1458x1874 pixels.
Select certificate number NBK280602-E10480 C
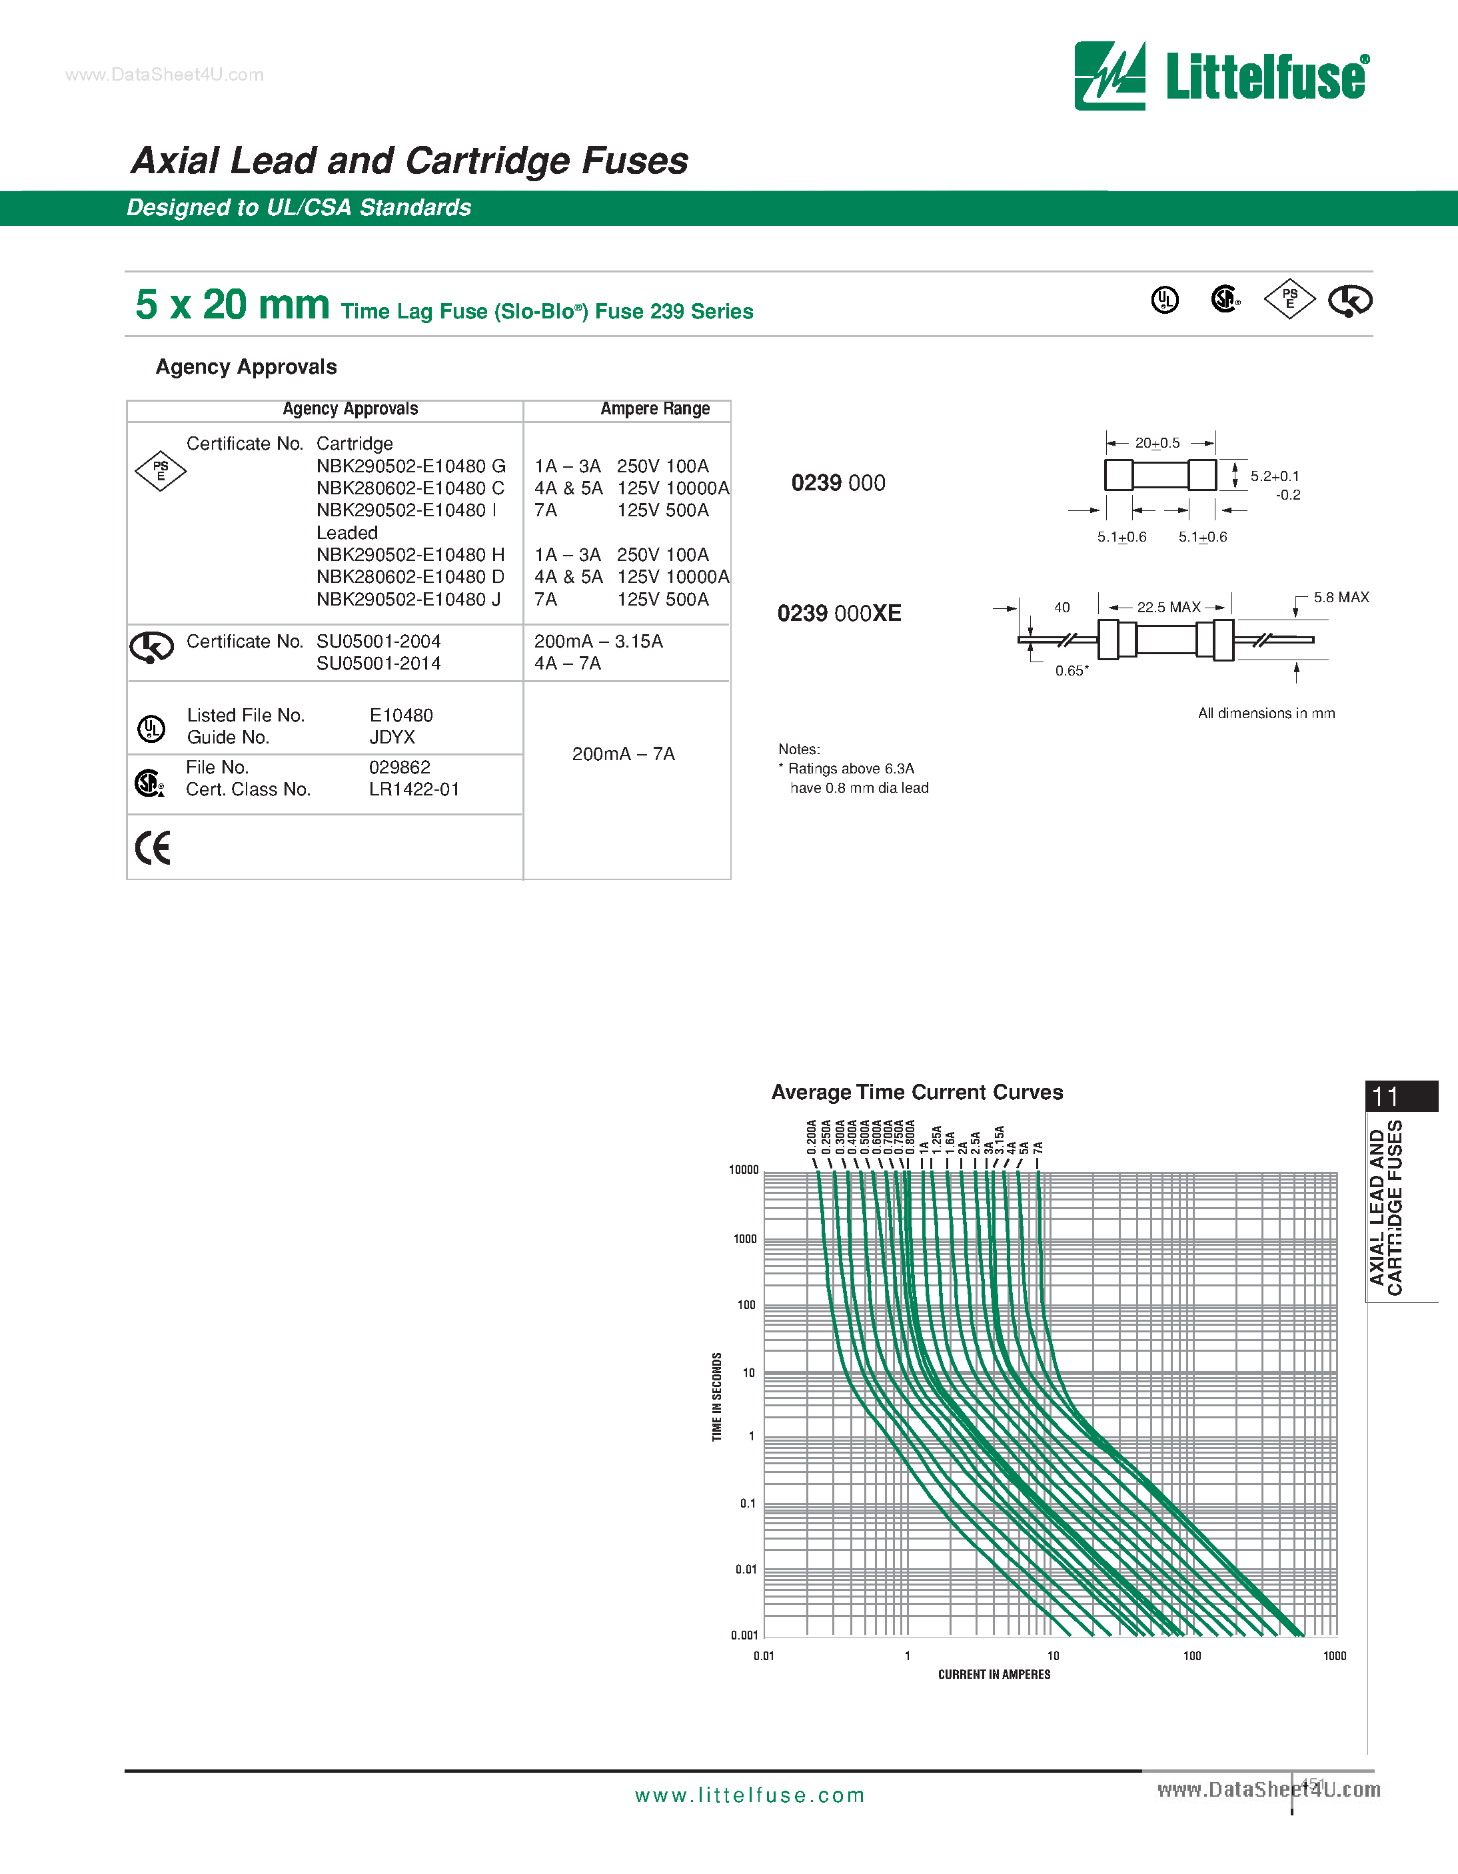(x=410, y=488)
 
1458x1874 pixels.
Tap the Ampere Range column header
(x=655, y=409)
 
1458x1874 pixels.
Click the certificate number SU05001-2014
(x=378, y=664)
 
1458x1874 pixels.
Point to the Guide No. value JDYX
(x=392, y=737)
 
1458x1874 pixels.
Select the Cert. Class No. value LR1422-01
(x=414, y=789)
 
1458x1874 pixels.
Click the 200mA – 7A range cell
(x=624, y=754)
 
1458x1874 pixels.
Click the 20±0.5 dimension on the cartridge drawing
(x=1157, y=443)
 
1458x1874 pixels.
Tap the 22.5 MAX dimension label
(x=1168, y=608)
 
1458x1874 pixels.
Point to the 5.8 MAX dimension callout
(x=1341, y=597)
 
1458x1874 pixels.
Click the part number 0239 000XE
(x=839, y=614)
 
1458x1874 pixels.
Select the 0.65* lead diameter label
(x=1072, y=671)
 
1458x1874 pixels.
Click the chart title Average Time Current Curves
(x=916, y=1093)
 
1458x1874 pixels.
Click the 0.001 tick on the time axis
(x=744, y=1636)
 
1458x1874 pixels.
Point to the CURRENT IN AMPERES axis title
(x=994, y=1674)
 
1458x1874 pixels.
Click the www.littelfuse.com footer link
(x=749, y=1795)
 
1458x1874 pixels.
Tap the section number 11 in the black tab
(x=1385, y=1097)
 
